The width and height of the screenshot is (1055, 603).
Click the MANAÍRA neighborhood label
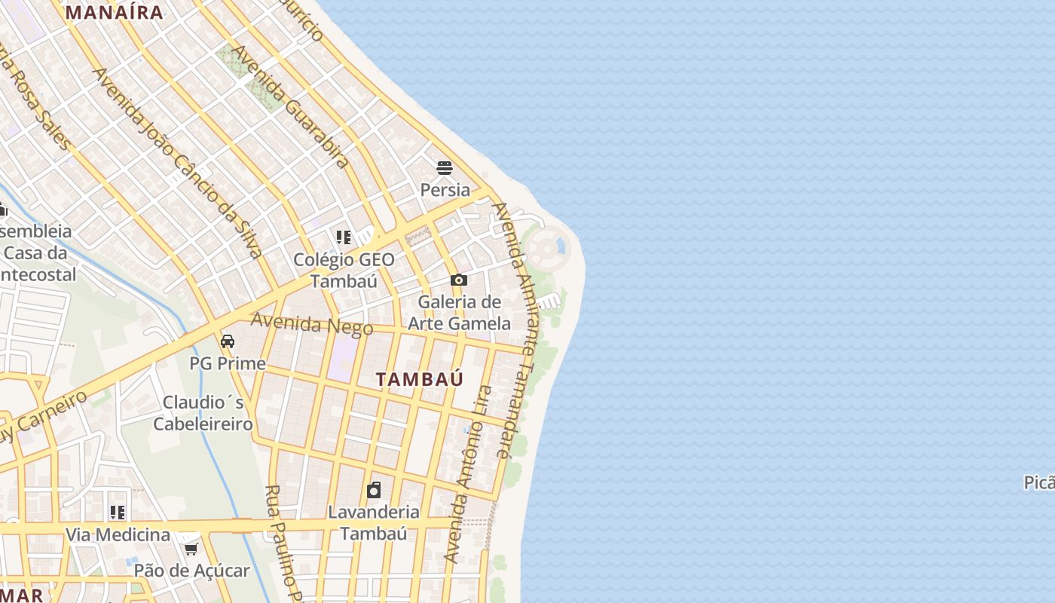point(115,12)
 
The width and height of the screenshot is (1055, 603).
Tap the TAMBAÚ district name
point(420,379)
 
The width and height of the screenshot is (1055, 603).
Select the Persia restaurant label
point(445,190)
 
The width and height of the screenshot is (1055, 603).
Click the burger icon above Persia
point(445,167)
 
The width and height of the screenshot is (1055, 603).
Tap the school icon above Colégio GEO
point(344,238)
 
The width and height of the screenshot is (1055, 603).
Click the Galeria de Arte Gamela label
point(459,313)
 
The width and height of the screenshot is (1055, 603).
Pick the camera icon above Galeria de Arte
point(458,280)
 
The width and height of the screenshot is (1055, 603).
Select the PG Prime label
point(228,363)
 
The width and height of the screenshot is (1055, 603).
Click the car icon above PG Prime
point(228,341)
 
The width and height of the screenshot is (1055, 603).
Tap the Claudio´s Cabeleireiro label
point(203,412)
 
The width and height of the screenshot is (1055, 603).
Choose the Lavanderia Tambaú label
point(374,522)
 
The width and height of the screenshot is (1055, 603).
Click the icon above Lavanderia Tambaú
point(374,491)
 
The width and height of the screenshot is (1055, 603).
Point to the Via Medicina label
point(118,534)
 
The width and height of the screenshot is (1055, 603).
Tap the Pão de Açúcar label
point(191,571)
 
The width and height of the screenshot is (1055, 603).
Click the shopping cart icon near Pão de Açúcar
point(191,549)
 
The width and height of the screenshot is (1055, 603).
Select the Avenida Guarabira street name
point(291,106)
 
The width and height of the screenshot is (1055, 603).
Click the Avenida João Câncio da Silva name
point(177,162)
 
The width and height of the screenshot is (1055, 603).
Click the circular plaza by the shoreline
point(549,246)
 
